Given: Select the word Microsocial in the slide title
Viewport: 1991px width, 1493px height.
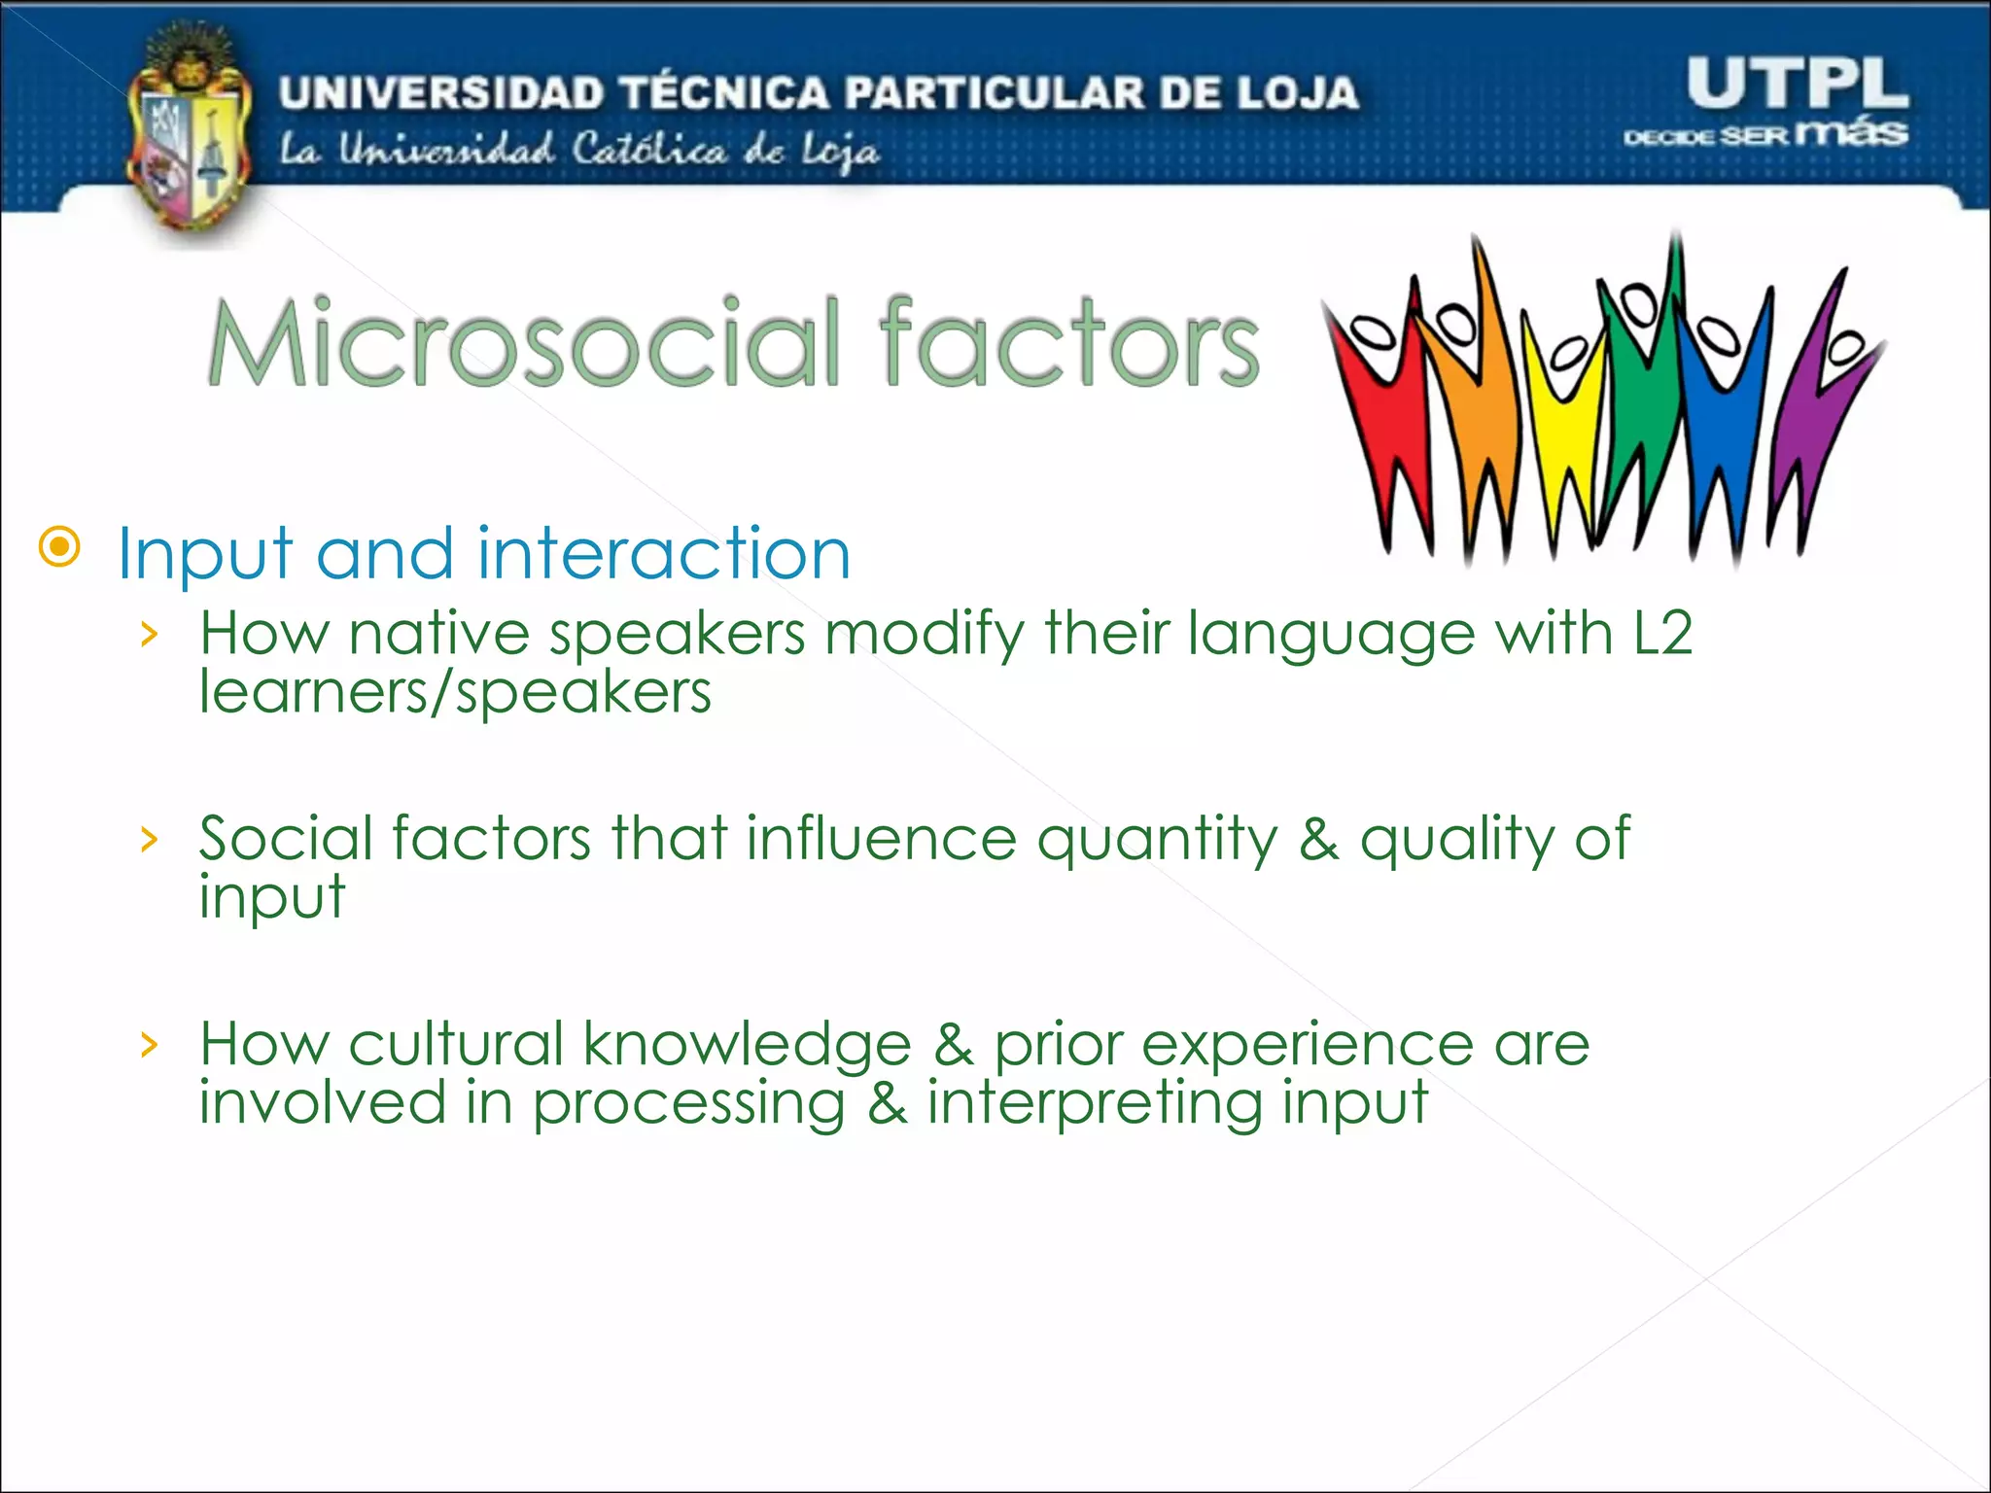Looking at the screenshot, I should (x=525, y=342).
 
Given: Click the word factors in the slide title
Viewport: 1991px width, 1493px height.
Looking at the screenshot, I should (x=1069, y=342).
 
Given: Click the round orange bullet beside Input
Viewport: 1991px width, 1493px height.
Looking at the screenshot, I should (x=60, y=548).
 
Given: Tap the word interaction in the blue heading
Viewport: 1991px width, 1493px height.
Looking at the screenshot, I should (x=664, y=554).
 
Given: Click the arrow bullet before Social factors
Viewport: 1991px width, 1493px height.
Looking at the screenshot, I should (x=149, y=839).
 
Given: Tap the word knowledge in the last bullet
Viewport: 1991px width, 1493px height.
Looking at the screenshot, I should (x=747, y=1046).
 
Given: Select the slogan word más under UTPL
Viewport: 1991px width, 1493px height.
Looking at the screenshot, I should (x=1852, y=132).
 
